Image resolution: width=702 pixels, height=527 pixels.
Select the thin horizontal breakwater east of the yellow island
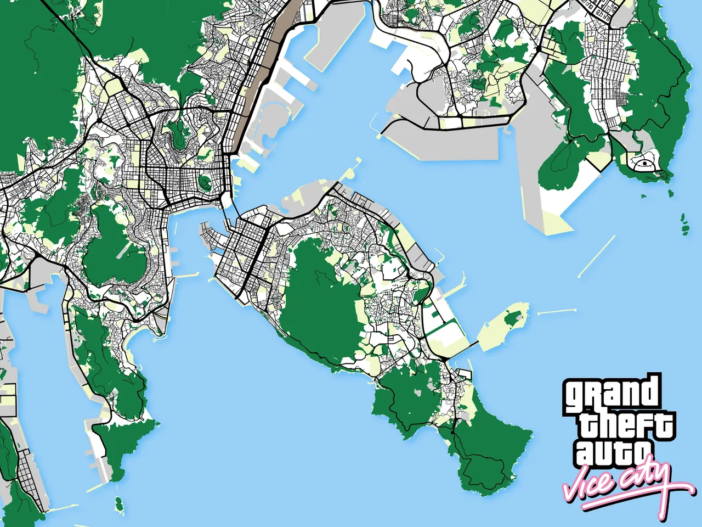557,312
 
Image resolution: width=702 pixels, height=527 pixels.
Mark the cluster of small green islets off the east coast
684,224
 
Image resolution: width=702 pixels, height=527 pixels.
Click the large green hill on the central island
321,307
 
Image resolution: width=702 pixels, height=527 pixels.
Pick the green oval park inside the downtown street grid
206,182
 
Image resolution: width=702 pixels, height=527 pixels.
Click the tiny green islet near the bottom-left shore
118,501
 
